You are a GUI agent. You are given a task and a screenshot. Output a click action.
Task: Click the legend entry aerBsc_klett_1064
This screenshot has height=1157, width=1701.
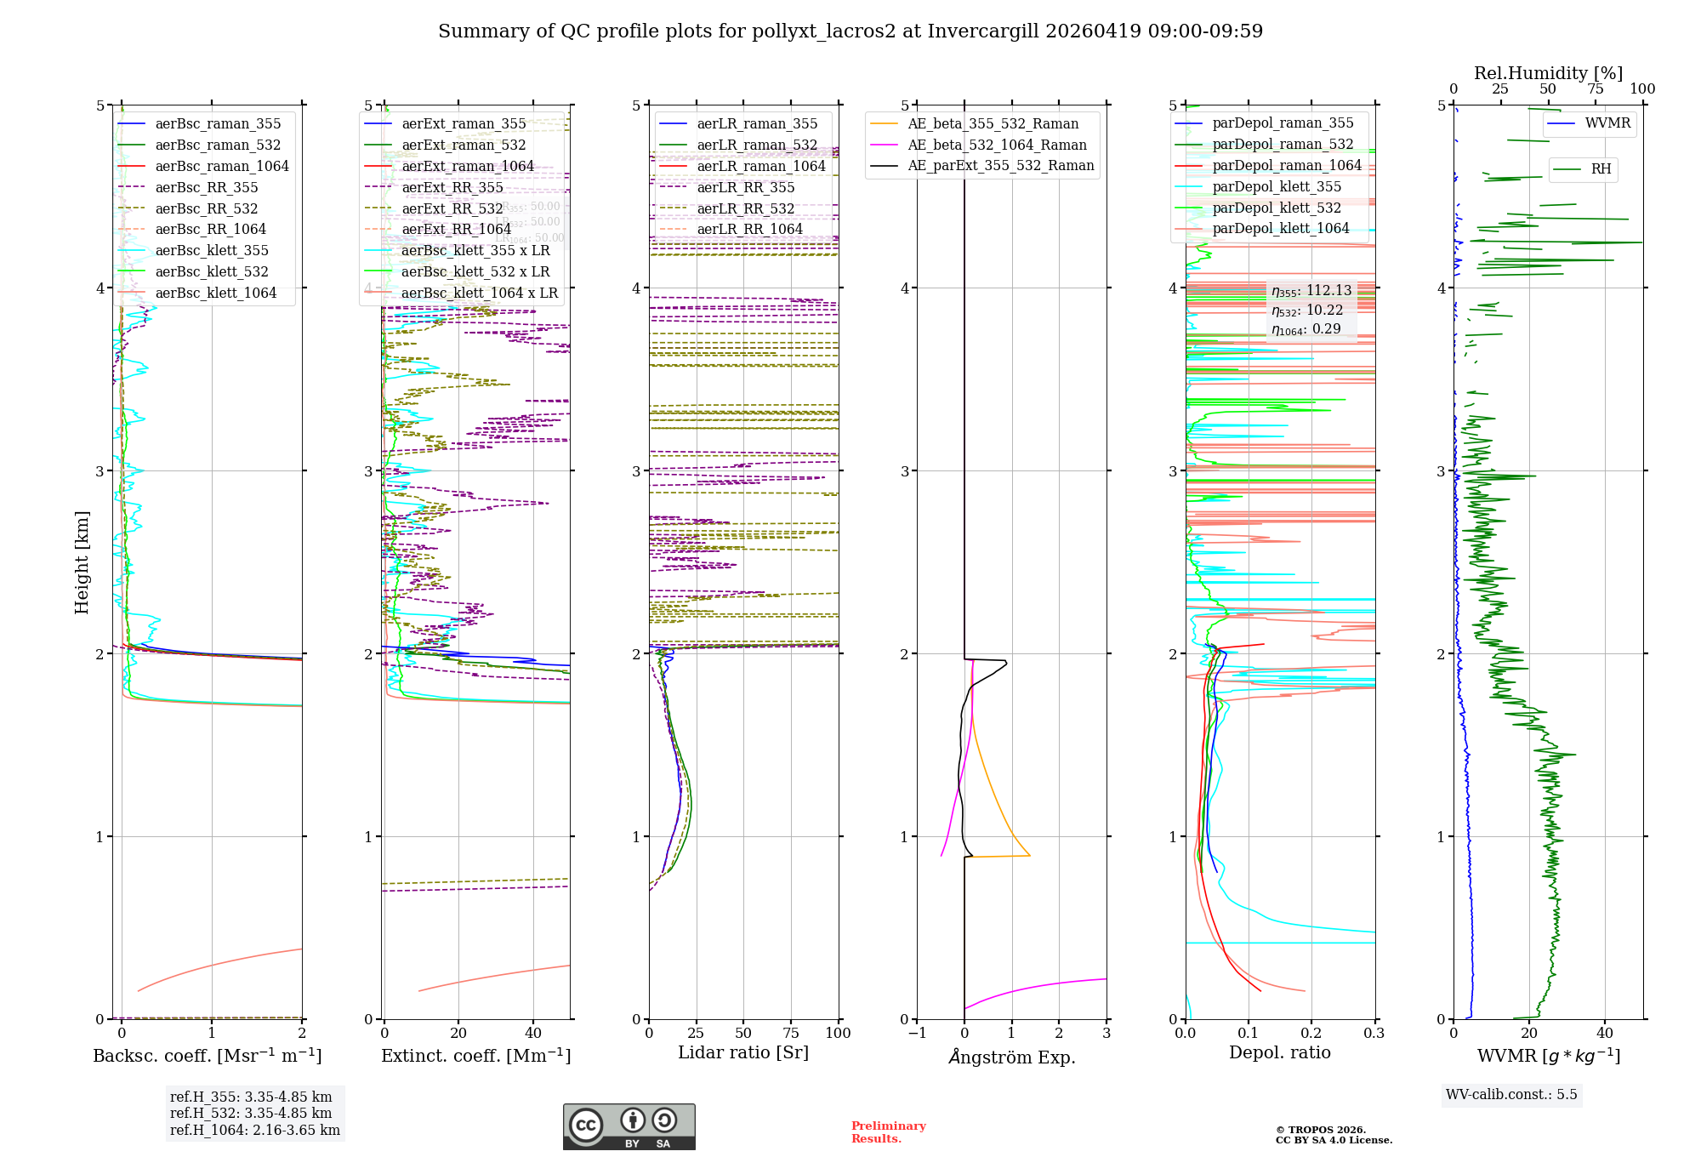coord(215,294)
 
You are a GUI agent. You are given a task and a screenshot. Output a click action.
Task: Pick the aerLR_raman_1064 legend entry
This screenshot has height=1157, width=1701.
coord(760,167)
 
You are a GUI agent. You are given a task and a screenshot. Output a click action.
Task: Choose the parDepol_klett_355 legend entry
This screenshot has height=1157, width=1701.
coord(1276,187)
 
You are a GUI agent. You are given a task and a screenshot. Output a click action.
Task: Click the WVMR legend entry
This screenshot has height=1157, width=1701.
coord(1607,123)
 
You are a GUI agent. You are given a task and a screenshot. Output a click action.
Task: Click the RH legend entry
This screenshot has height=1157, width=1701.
coord(1601,169)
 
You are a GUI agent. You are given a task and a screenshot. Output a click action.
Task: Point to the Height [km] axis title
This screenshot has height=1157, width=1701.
coord(82,562)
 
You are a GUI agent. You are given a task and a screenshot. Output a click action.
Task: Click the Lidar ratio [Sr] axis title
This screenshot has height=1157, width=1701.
coord(742,1053)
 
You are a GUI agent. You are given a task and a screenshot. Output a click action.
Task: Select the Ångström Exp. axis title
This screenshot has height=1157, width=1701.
coord(1011,1057)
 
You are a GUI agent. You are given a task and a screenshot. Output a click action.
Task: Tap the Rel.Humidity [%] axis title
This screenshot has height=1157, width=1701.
coord(1548,73)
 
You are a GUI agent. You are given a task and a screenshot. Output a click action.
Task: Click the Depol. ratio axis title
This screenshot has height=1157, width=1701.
coord(1279,1053)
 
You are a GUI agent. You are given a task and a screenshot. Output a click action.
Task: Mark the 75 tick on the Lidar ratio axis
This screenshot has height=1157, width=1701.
coord(791,1034)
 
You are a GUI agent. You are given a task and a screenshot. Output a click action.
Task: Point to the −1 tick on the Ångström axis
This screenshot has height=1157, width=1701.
coord(917,1034)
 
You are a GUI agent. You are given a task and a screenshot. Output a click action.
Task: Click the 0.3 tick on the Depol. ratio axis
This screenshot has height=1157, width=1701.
coord(1374,1034)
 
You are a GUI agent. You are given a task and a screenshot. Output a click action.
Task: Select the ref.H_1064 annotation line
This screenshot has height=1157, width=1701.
coord(254,1131)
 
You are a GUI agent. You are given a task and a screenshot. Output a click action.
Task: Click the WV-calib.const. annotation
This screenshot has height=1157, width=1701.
coord(1510,1095)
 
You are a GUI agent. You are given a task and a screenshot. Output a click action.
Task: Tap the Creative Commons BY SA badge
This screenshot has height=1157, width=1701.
coord(629,1127)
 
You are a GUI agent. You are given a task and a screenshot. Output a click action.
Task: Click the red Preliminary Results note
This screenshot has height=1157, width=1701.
coord(888,1132)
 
